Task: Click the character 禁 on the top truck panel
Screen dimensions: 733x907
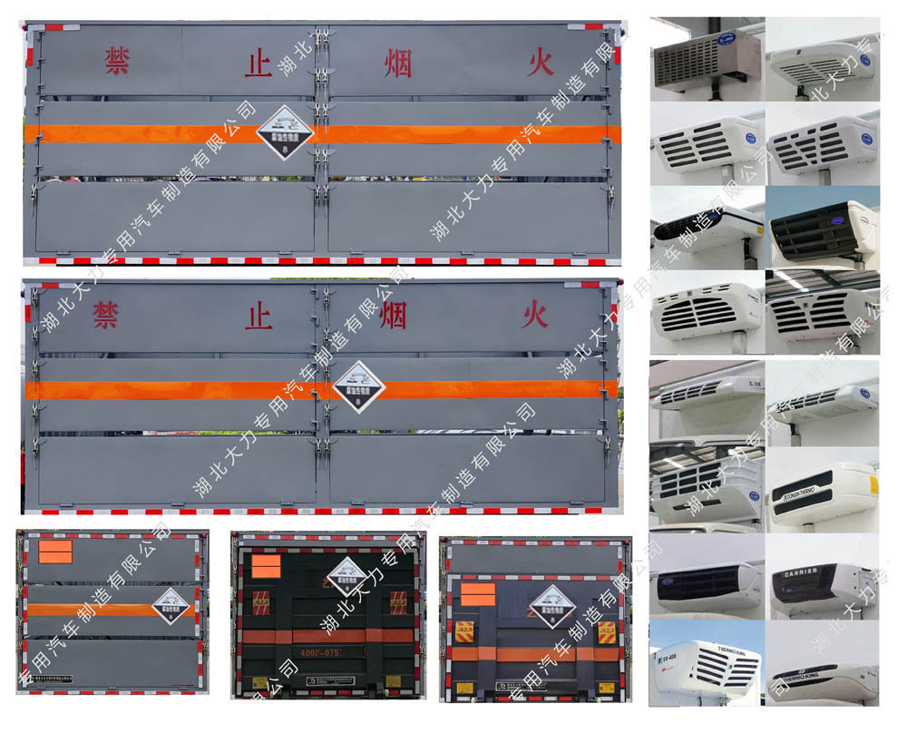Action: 116,61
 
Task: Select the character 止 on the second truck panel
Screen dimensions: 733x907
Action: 259,316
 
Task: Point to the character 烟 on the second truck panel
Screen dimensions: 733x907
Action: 393,315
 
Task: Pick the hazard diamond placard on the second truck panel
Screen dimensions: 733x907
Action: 358,387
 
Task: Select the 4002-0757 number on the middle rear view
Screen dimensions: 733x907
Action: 317,652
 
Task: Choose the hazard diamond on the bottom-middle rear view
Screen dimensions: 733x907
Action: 346,576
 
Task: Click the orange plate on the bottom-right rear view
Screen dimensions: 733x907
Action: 478,594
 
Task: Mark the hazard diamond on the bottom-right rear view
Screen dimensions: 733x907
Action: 553,605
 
